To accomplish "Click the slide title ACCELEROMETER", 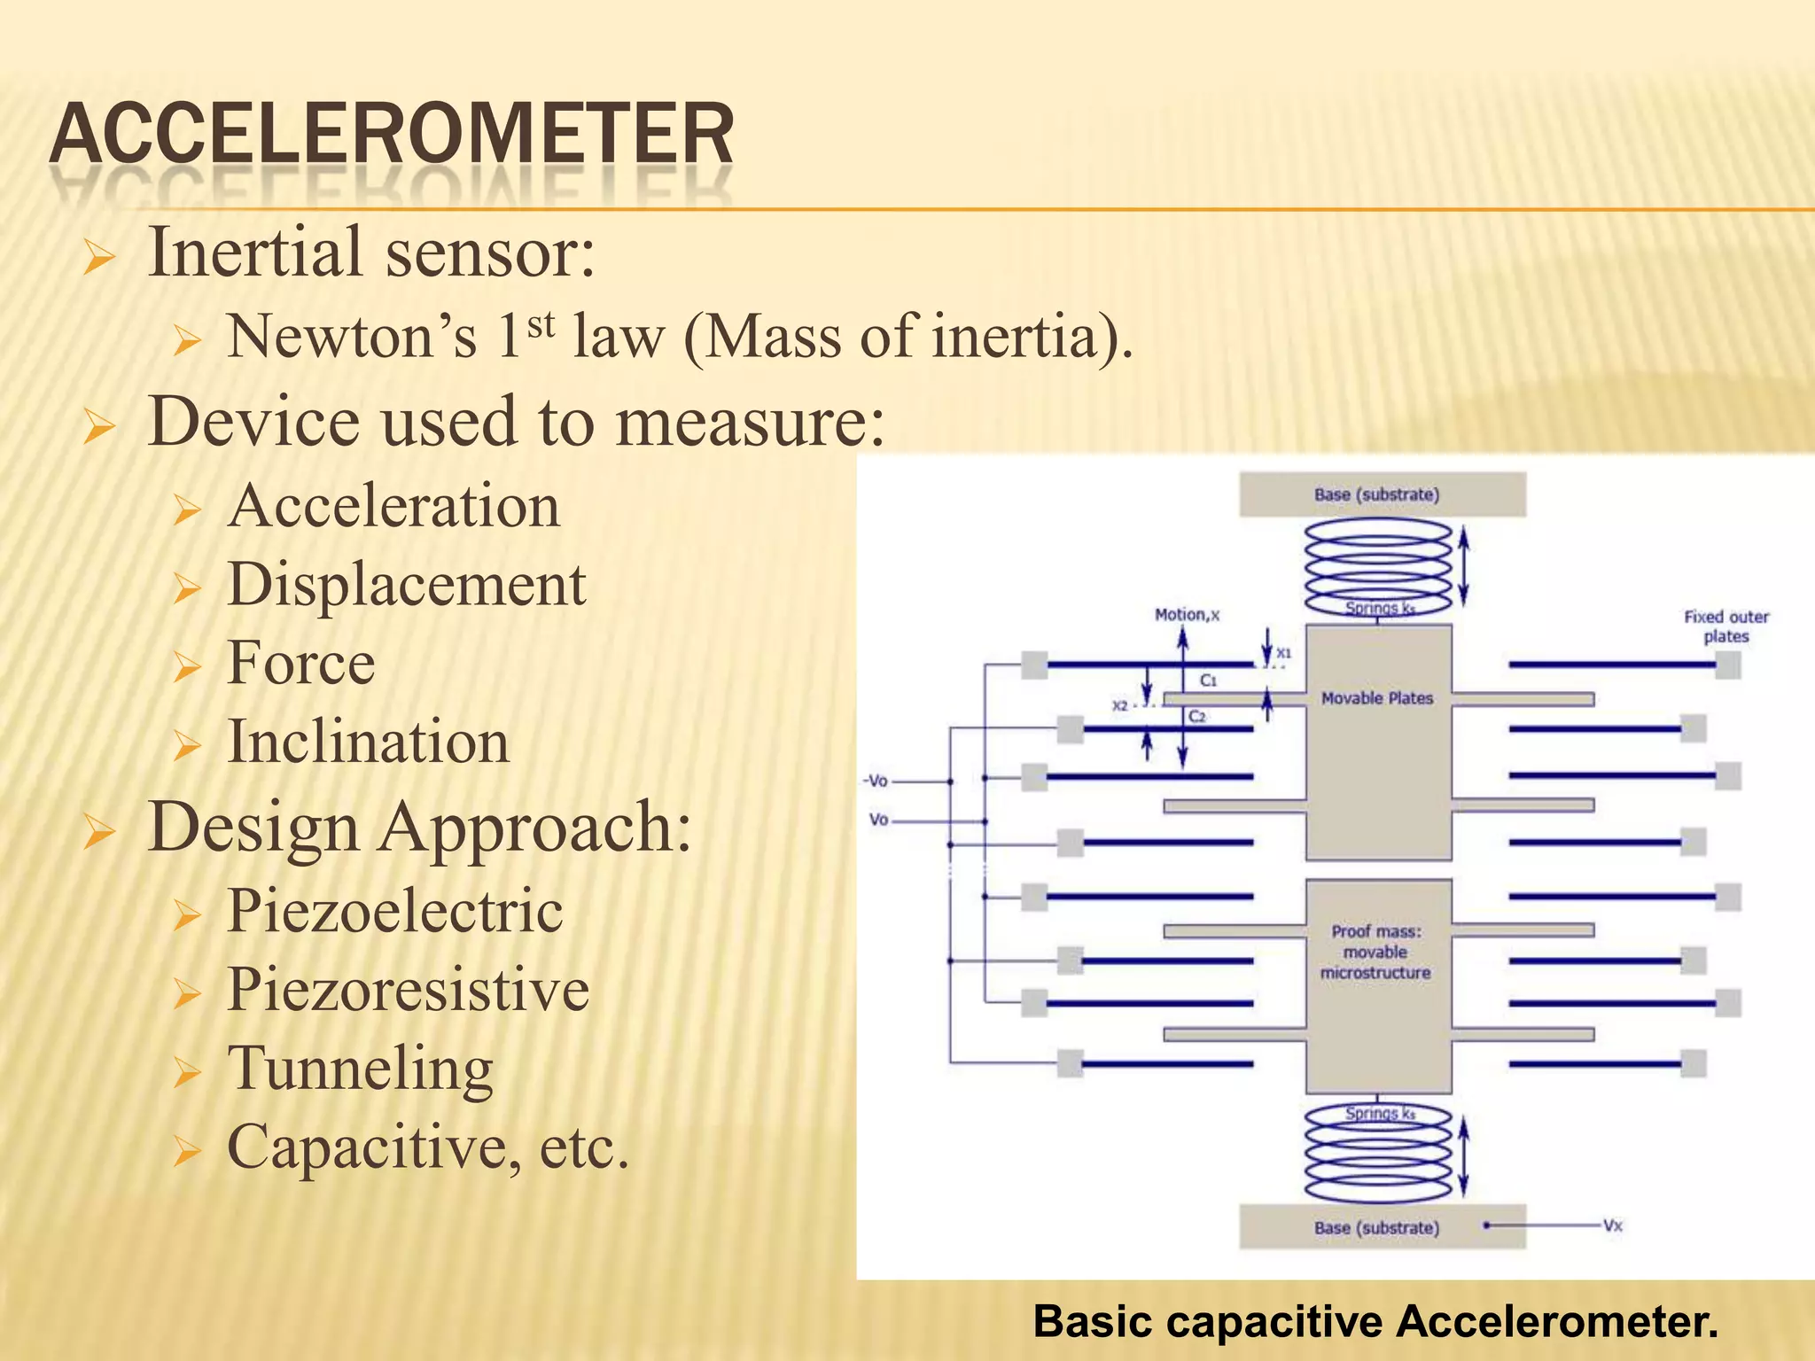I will [x=392, y=135].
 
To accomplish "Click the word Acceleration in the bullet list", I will [x=393, y=507].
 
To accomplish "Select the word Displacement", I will [x=407, y=585].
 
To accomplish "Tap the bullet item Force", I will [x=301, y=664].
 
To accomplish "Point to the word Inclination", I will [x=369, y=743].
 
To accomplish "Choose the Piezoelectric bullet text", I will [x=395, y=911].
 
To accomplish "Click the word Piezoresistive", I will [x=408, y=990].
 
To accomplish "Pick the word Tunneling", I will [x=361, y=1069].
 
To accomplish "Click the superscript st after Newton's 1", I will [x=541, y=325].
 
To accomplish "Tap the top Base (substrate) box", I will [x=1382, y=494].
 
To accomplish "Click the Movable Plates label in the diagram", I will [x=1376, y=698].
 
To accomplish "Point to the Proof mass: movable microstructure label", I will [x=1375, y=952].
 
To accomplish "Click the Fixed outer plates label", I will [x=1725, y=626].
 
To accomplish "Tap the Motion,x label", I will [x=1187, y=614].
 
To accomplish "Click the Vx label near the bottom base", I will [x=1612, y=1225].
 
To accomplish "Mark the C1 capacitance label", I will [x=1208, y=680].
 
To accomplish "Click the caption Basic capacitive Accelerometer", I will [x=1375, y=1321].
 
